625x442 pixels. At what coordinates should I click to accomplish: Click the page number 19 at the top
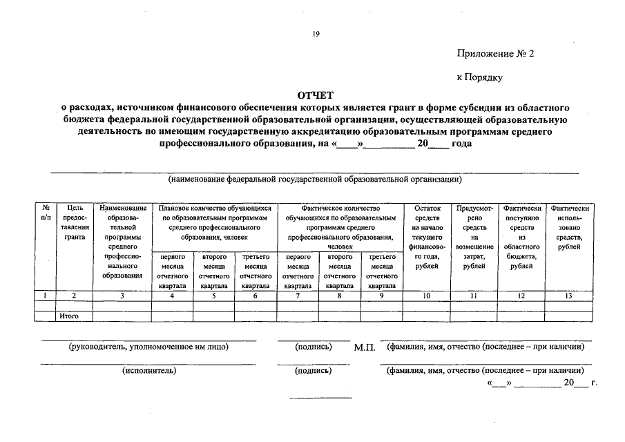tap(315, 32)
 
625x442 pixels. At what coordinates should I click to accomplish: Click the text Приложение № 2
tap(495, 55)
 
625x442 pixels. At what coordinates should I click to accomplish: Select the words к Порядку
tap(479, 78)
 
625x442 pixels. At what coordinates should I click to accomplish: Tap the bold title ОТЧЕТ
tap(315, 96)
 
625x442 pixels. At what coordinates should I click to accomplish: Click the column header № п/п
tap(46, 212)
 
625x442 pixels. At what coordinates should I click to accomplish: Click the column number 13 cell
tap(569, 296)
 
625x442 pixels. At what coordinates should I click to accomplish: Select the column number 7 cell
tap(298, 296)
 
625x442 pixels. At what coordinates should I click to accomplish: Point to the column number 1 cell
tap(46, 296)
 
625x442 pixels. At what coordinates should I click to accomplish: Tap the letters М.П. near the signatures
tap(364, 347)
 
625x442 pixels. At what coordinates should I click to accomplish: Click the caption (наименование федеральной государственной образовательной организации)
tap(315, 180)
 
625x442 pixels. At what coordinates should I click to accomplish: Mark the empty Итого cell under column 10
tap(426, 316)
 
